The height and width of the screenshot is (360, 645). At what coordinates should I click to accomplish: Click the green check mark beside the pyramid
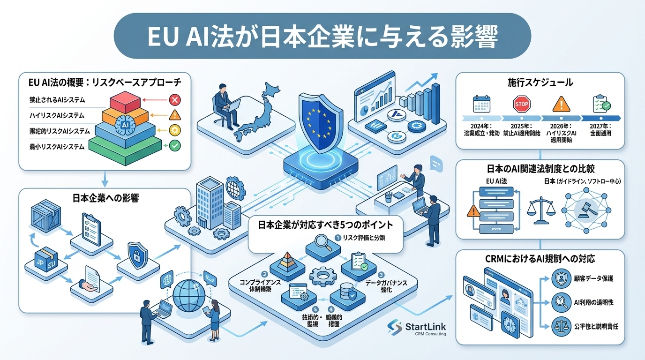pyautogui.click(x=174, y=146)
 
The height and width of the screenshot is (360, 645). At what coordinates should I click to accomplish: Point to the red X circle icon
pyautogui.click(x=174, y=99)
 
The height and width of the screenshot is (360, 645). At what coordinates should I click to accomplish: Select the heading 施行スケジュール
pyautogui.click(x=540, y=83)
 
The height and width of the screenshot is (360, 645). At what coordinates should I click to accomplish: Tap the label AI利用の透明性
pyautogui.click(x=593, y=302)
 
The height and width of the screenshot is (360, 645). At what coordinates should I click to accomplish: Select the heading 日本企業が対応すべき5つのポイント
pyautogui.click(x=326, y=225)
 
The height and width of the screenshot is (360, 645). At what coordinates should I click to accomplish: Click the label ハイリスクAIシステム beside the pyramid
pyautogui.click(x=57, y=115)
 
